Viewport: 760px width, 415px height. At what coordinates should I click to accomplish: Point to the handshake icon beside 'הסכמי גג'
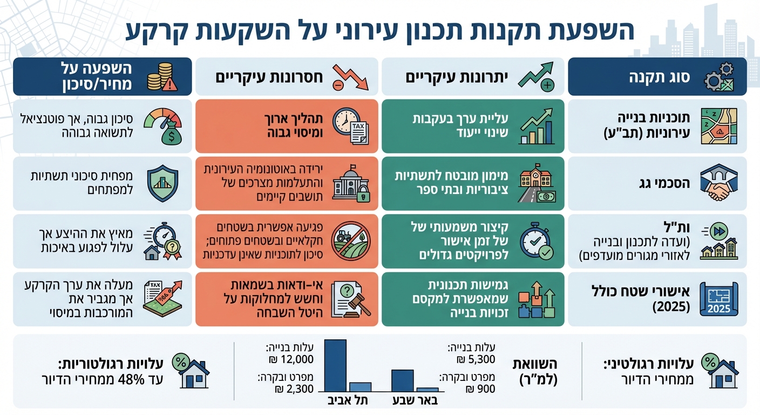pyautogui.click(x=718, y=184)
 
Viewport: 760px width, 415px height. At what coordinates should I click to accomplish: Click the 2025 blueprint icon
pyautogui.click(x=718, y=299)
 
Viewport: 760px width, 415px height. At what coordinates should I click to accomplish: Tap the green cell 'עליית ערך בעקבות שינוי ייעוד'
pyautogui.click(x=472, y=126)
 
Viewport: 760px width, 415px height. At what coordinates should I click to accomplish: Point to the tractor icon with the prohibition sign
pyautogui.click(x=348, y=241)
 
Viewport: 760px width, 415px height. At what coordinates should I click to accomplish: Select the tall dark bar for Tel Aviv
pyautogui.click(x=335, y=365)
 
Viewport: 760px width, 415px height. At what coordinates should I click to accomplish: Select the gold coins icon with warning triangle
pyautogui.click(x=161, y=77)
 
